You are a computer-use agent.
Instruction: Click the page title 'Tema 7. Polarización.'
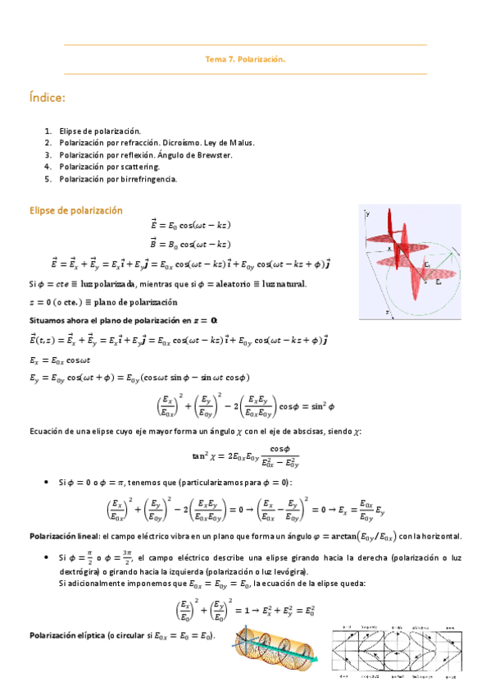[x=245, y=59]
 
